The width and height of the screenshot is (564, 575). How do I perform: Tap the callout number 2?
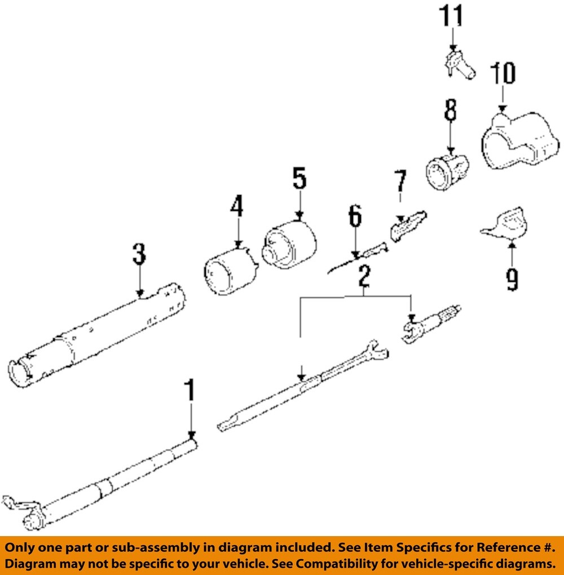tap(364, 276)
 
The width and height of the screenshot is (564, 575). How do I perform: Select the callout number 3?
tap(139, 255)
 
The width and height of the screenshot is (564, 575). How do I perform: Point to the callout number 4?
tap(236, 207)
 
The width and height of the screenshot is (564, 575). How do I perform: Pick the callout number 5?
tap(299, 179)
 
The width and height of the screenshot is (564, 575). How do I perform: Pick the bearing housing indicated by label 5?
tap(289, 246)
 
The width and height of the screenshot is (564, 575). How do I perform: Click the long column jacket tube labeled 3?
tap(96, 338)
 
